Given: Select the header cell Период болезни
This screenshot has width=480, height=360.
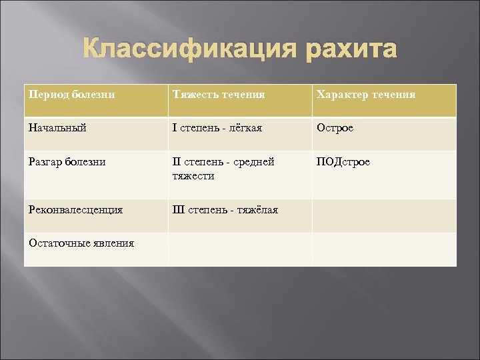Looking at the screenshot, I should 71,95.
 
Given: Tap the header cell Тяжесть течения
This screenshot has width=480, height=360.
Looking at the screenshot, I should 219,95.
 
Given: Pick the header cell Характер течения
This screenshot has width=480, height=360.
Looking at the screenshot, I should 365,95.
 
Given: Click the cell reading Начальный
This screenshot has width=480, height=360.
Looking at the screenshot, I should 57,127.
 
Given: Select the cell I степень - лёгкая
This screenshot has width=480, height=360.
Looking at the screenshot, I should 217,127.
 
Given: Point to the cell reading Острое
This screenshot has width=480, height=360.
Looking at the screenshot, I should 335,127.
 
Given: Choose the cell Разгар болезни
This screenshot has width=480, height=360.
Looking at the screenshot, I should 67,162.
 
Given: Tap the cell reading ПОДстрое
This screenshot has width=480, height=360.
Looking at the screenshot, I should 344,162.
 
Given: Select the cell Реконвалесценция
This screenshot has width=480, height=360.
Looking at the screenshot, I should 76,210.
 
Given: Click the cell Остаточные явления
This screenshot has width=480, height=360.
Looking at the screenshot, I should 81,243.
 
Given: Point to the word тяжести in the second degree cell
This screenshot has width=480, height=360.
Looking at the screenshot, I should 193,175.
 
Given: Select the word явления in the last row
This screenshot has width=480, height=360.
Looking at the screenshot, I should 111,243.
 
